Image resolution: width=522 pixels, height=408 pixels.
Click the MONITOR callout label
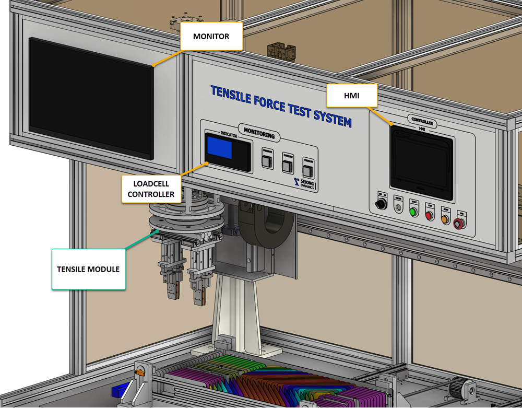(x=211, y=36)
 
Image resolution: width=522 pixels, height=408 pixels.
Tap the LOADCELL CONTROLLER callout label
(x=151, y=189)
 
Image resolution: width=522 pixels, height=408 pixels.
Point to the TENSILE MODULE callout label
(x=88, y=269)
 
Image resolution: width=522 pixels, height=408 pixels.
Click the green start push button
(x=414, y=212)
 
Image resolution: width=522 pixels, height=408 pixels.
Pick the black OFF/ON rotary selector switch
(x=382, y=203)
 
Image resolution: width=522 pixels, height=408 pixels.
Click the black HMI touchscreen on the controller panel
(x=422, y=158)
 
